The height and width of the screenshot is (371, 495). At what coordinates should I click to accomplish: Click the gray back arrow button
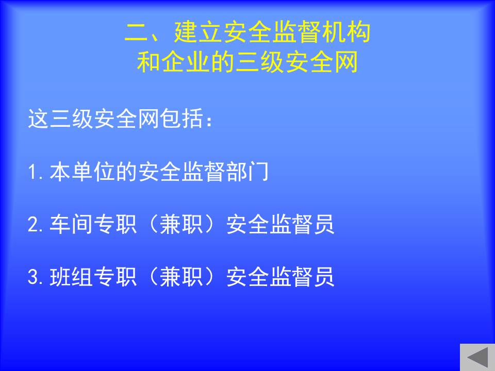click(477, 358)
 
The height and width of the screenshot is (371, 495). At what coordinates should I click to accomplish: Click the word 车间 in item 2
click(71, 224)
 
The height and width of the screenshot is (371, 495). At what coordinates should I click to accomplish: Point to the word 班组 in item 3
click(71, 277)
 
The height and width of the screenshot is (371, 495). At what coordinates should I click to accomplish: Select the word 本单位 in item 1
click(82, 172)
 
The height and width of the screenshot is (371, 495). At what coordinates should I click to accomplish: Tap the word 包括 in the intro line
click(182, 119)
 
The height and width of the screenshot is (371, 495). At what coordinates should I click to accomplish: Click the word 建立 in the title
click(198, 32)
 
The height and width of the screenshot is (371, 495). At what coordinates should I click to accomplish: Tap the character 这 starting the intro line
click(39, 119)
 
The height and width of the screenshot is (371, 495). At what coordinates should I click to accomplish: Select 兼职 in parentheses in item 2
click(181, 224)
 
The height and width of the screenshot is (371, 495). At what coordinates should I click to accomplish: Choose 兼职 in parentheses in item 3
click(181, 277)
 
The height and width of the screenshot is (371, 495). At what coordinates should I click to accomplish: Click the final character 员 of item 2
click(324, 224)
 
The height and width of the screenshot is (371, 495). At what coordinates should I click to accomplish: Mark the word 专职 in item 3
click(115, 277)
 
